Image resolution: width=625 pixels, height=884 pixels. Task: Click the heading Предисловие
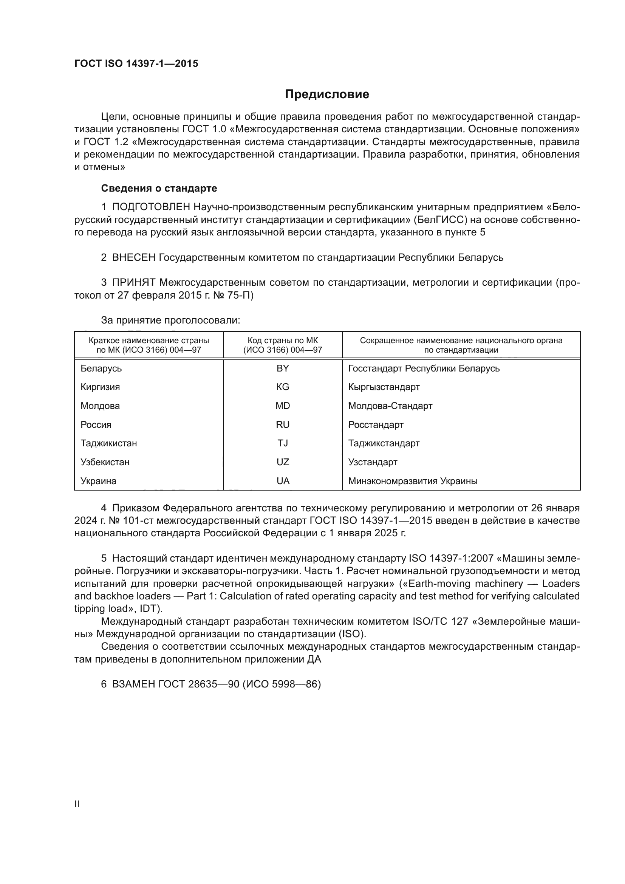pyautogui.click(x=327, y=94)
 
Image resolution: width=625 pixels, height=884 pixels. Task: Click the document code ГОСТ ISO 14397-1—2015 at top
pyautogui.click(x=136, y=64)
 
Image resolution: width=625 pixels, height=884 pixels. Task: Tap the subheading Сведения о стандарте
pyautogui.click(x=159, y=188)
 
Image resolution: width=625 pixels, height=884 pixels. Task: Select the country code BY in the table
pyautogui.click(x=283, y=368)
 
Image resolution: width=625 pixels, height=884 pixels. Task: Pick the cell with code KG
pyautogui.click(x=283, y=387)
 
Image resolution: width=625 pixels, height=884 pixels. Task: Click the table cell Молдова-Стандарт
pyautogui.click(x=390, y=406)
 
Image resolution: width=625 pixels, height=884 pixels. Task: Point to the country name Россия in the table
pyautogui.click(x=96, y=425)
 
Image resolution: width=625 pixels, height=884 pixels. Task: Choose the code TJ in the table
pyautogui.click(x=283, y=443)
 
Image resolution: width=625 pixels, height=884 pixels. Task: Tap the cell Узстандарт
pyautogui.click(x=373, y=462)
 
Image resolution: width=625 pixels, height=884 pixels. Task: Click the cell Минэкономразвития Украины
pyautogui.click(x=413, y=481)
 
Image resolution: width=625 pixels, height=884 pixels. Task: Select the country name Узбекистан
pyautogui.click(x=105, y=462)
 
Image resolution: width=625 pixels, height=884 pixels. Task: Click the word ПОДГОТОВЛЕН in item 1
pyautogui.click(x=151, y=207)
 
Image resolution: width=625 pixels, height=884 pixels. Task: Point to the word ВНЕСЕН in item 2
pyautogui.click(x=133, y=258)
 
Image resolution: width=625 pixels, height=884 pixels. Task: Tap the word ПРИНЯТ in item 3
pyautogui.click(x=133, y=283)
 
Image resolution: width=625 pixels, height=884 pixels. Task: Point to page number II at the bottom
pyautogui.click(x=77, y=804)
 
